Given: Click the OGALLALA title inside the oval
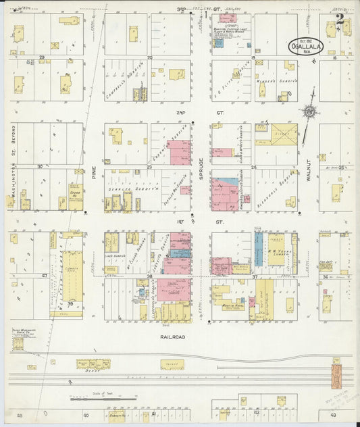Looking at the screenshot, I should point(305,47).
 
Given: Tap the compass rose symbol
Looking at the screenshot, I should point(309,112).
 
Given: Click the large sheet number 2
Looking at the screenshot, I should point(340,18).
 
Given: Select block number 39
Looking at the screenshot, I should point(70,306).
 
